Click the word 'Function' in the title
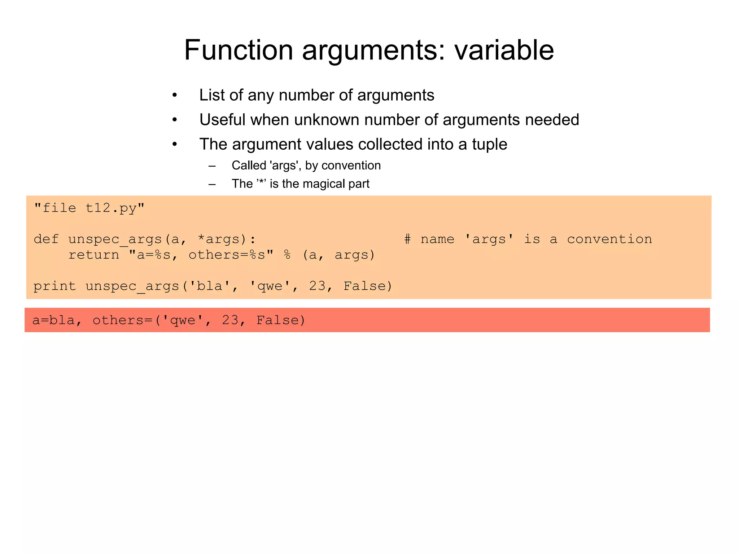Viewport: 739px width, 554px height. click(x=239, y=50)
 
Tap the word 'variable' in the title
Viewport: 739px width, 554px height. click(x=504, y=50)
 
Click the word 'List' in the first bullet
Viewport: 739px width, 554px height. click(x=211, y=95)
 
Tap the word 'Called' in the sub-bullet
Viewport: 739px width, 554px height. click(x=249, y=166)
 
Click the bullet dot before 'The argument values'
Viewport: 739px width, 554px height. click(x=175, y=144)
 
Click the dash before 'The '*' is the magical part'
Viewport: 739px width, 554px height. click(x=212, y=184)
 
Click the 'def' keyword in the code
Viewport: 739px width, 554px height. click(x=46, y=239)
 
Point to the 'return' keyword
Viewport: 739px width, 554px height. click(x=93, y=255)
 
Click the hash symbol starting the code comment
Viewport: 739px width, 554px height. click(x=407, y=239)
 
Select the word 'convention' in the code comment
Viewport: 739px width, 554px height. click(x=609, y=239)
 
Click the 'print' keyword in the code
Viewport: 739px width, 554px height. click(x=54, y=286)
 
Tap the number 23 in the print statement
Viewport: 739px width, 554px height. click(x=318, y=286)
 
